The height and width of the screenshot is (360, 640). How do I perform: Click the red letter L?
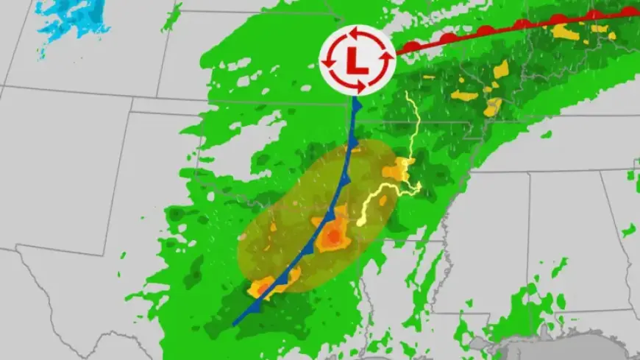click(x=358, y=60)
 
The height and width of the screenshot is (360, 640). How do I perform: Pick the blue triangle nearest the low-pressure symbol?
click(x=357, y=107)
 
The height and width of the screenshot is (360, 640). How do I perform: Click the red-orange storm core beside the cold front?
click(x=333, y=236)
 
